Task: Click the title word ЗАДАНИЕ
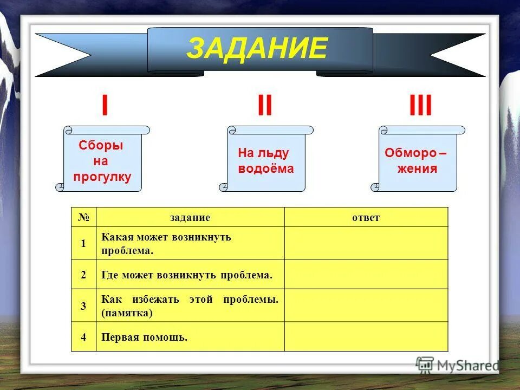(x=257, y=49)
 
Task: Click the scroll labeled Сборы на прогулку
(x=102, y=161)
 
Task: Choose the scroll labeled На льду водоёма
(x=265, y=161)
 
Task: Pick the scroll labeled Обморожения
(x=417, y=161)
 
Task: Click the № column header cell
(x=83, y=217)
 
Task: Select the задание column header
(x=190, y=217)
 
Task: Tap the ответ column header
(x=366, y=217)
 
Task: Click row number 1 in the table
(x=83, y=243)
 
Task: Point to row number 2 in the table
(x=83, y=275)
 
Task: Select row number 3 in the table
(x=83, y=305)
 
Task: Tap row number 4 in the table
(x=83, y=337)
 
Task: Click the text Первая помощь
(x=144, y=337)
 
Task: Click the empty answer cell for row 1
(x=366, y=243)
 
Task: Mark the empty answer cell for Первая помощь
(x=366, y=337)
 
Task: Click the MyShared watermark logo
(x=458, y=365)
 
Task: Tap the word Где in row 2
(x=110, y=275)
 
